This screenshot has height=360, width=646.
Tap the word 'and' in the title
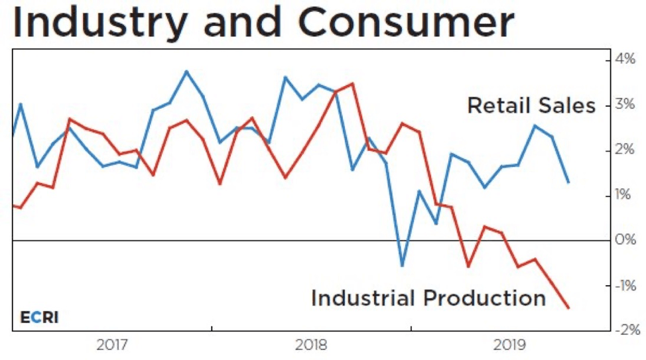point(245,23)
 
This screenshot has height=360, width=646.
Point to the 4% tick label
point(625,60)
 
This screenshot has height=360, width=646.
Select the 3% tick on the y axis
point(625,105)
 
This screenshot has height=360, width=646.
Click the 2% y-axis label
point(625,150)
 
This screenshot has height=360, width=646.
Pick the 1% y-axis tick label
point(625,195)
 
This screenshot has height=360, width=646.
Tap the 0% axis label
point(625,240)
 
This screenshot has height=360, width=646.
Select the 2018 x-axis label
point(310,345)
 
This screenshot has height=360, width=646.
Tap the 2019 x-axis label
point(509,345)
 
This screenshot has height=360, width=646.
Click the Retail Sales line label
point(531,105)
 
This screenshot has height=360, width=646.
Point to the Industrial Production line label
point(428,298)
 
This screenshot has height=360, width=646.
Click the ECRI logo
point(39,317)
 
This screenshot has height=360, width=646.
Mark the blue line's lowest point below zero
point(402,266)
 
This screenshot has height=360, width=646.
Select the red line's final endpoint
point(568,308)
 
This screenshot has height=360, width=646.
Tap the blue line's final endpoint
point(568,182)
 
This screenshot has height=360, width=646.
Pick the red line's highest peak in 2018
point(352,84)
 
